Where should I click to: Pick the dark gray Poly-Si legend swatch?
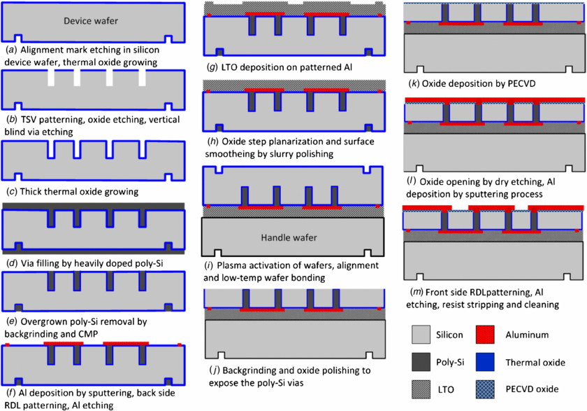click(419, 362)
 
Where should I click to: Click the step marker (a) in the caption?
click(10, 50)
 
